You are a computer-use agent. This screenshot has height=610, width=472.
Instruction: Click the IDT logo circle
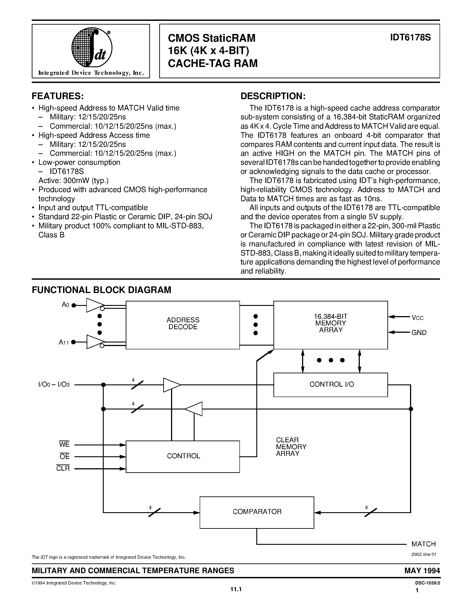(x=92, y=47)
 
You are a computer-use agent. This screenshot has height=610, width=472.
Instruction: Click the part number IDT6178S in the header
(x=410, y=37)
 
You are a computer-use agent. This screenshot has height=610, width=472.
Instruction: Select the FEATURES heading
(x=58, y=96)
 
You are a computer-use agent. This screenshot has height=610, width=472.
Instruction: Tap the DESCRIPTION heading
(x=273, y=96)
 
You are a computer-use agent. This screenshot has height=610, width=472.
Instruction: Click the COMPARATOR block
(x=257, y=512)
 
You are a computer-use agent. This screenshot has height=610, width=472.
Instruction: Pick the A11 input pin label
(x=64, y=342)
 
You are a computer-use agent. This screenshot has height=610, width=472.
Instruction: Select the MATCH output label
(x=423, y=544)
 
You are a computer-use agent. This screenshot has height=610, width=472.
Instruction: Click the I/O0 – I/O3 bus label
(x=54, y=385)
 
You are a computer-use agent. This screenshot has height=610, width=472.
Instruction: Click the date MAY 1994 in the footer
(x=422, y=570)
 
